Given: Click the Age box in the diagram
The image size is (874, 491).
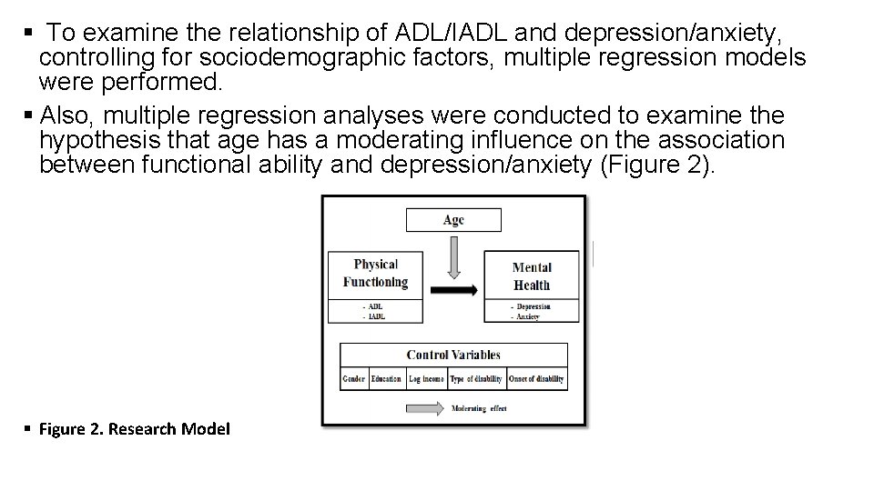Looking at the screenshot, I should point(453,219).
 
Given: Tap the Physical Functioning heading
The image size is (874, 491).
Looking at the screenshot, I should point(376,273).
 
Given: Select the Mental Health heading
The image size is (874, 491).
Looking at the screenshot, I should point(532,276).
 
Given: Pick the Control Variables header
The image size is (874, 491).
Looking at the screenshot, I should point(452,355).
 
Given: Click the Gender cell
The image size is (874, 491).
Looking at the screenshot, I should point(353,378).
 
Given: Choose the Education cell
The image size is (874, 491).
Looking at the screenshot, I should point(386,378).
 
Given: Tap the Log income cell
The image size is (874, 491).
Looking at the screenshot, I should point(426,378).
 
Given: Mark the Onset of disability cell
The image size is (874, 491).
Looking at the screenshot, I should point(536,378).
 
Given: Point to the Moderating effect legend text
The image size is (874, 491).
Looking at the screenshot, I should point(479,409).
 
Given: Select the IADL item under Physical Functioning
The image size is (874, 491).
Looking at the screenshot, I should point(376,316).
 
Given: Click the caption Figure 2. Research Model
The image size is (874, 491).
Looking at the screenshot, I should point(135,428).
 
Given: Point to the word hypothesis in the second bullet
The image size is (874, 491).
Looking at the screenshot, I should point(100,140).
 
